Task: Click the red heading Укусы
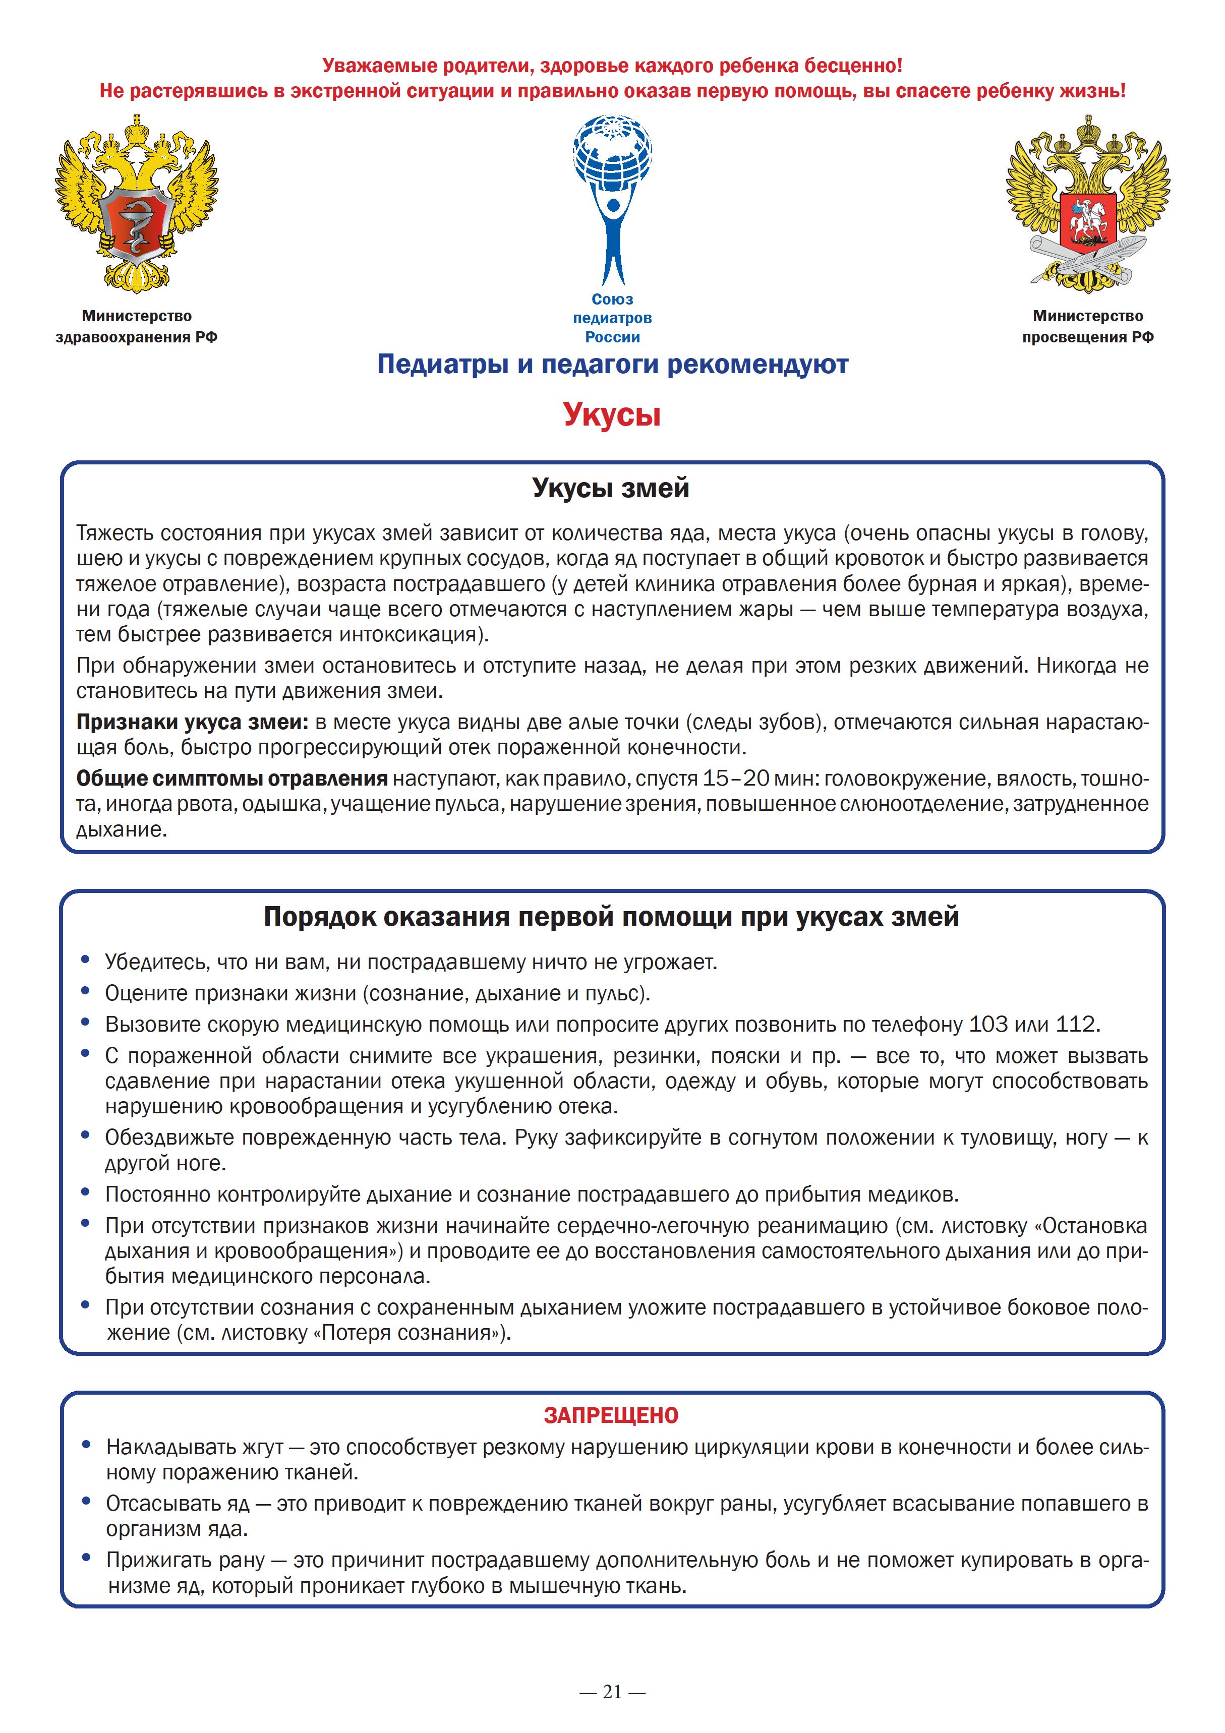(x=612, y=414)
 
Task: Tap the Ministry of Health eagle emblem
(x=137, y=205)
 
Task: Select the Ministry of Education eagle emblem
(x=1088, y=205)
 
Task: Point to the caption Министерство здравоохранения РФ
(x=137, y=326)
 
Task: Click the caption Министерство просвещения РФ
(x=1088, y=326)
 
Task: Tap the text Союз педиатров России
(x=612, y=318)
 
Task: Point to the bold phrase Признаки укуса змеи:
(x=193, y=723)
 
